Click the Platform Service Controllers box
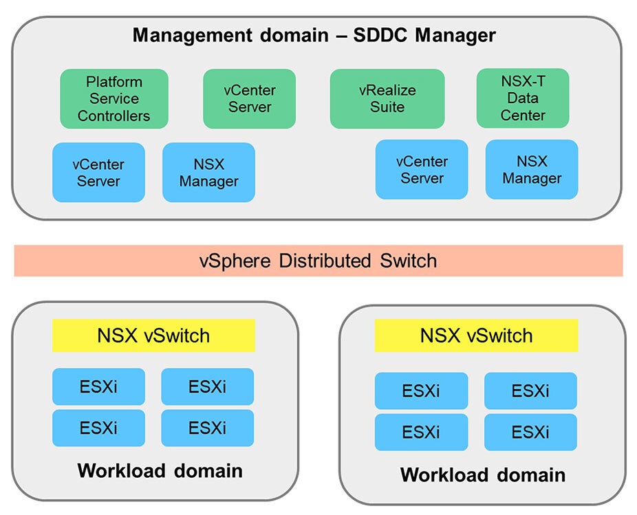114,98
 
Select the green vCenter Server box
249,98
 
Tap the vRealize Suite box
387,98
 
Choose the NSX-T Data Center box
523,98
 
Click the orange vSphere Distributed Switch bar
318,261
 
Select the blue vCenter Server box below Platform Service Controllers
98,173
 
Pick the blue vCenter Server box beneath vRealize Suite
422,170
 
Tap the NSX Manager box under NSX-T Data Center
532,170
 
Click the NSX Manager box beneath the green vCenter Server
208,173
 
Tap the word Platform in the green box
114,82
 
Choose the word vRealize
387,90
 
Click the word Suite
387,107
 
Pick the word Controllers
114,116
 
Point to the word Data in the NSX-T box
523,98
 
